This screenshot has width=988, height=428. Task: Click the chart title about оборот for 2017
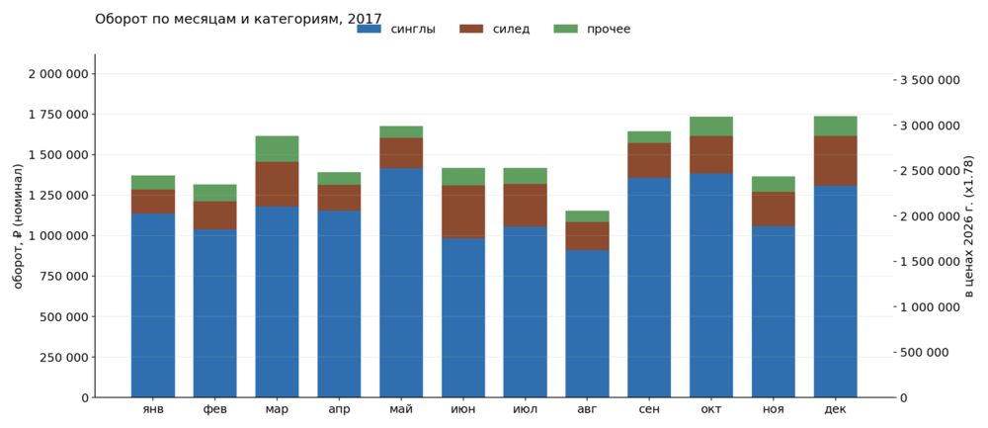click(238, 18)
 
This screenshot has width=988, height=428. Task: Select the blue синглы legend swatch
click(370, 29)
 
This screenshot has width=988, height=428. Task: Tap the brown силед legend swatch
click(470, 29)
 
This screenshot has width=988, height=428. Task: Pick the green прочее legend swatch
click(565, 29)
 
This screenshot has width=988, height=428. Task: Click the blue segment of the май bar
click(401, 283)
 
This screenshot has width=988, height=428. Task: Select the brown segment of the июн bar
click(463, 212)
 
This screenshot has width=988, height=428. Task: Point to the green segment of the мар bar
click(277, 148)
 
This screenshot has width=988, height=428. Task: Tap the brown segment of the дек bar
click(836, 161)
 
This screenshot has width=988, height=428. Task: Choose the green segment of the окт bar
click(711, 127)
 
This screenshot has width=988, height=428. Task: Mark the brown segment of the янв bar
click(152, 202)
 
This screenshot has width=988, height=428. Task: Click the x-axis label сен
click(649, 410)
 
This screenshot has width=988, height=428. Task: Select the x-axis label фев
click(214, 410)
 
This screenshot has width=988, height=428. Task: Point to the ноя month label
click(774, 410)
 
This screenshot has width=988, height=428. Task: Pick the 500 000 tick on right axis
click(922, 352)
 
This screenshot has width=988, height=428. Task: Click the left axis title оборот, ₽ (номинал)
click(18, 226)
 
